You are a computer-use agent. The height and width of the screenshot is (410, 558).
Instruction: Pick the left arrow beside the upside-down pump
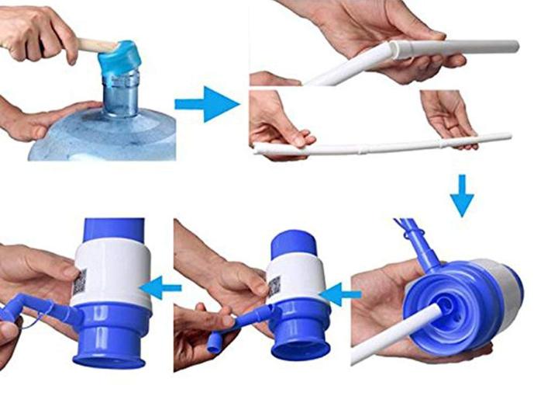click(x=341, y=294)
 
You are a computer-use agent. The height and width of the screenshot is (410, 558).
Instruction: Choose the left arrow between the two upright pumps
click(x=166, y=288)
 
